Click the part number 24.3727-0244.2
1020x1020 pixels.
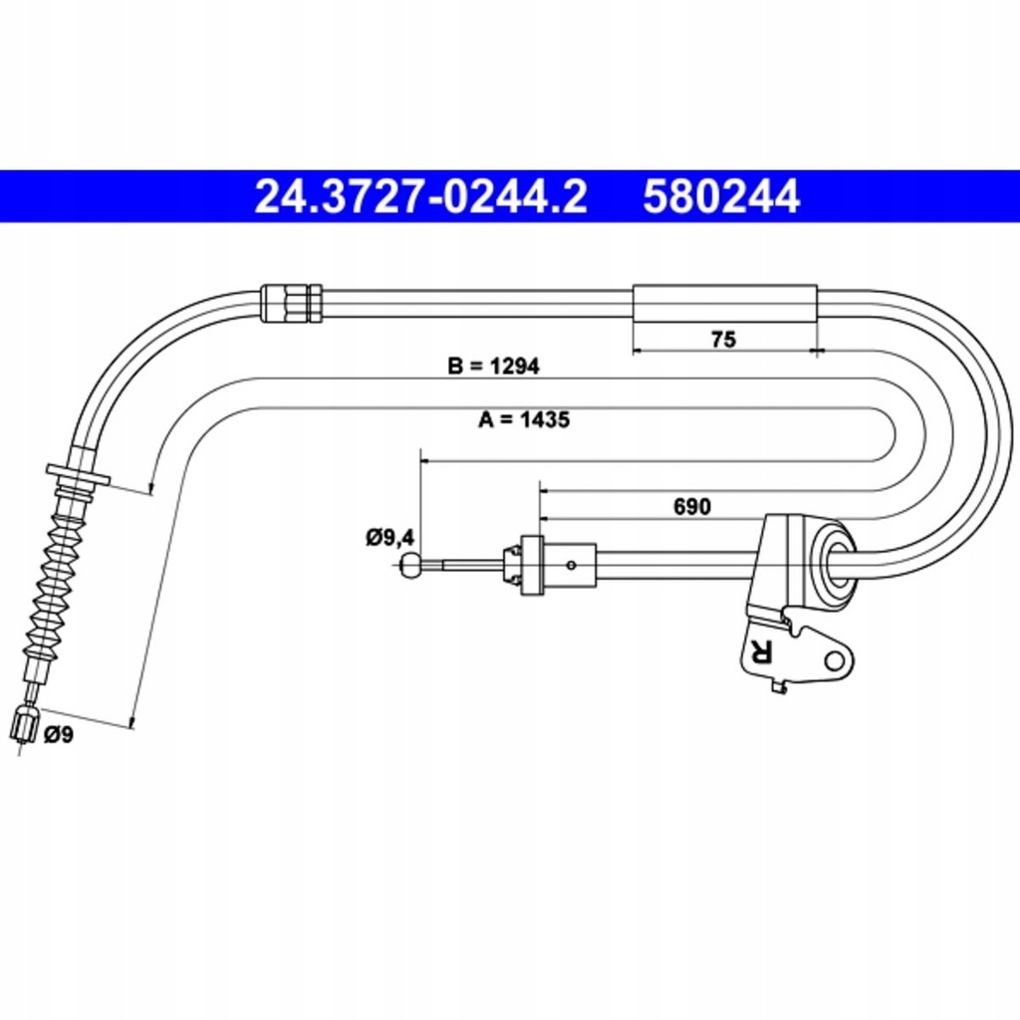420,196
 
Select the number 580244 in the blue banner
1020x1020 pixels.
721,196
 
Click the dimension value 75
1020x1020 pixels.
724,340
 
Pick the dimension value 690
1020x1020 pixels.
691,507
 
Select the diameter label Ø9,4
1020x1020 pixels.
388,539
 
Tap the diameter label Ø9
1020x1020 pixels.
59,736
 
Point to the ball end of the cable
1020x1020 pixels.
409,566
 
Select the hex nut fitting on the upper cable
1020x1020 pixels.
291,303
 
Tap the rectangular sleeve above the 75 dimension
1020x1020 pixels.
724,303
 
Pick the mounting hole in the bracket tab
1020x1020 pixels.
833,660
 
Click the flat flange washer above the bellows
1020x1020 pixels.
78,475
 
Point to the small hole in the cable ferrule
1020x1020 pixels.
571,566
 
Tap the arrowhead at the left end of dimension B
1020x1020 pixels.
150,488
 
